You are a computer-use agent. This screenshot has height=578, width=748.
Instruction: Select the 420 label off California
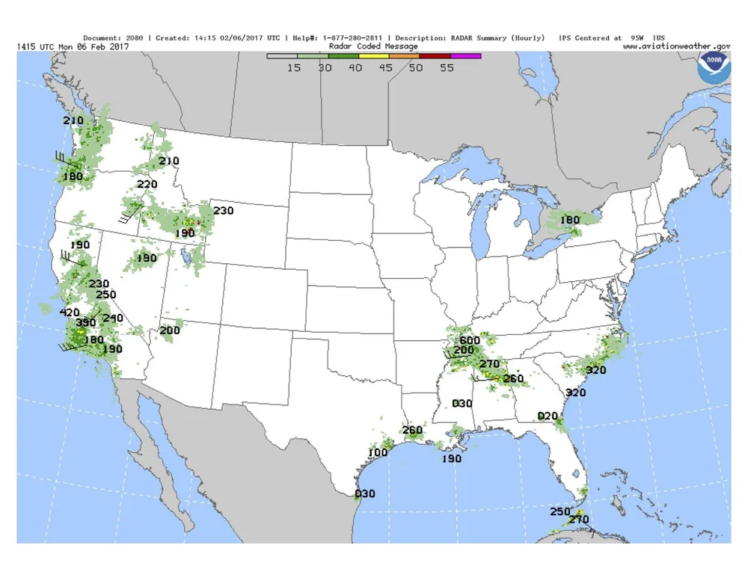pyautogui.click(x=70, y=312)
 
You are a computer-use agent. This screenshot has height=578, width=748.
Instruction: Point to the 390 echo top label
pyautogui.click(x=86, y=322)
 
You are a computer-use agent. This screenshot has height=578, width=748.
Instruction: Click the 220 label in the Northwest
pyautogui.click(x=147, y=185)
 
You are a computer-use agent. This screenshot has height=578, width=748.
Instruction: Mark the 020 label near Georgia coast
pyautogui.click(x=548, y=416)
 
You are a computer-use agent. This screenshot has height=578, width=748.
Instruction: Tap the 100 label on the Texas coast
pyautogui.click(x=378, y=452)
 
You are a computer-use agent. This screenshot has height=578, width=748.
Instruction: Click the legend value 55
pyautogui.click(x=447, y=67)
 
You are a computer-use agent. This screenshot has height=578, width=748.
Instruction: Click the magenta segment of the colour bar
pyautogui.click(x=466, y=55)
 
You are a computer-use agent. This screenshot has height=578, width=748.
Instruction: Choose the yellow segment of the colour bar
pyautogui.click(x=374, y=55)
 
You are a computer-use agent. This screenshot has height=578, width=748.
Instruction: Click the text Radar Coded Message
pyautogui.click(x=373, y=46)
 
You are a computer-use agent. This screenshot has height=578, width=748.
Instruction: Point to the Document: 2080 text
pyautogui.click(x=114, y=37)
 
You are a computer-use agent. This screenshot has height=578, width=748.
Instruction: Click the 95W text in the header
pyautogui.click(x=636, y=37)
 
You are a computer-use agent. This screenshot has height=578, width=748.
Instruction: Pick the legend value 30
pyautogui.click(x=325, y=67)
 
